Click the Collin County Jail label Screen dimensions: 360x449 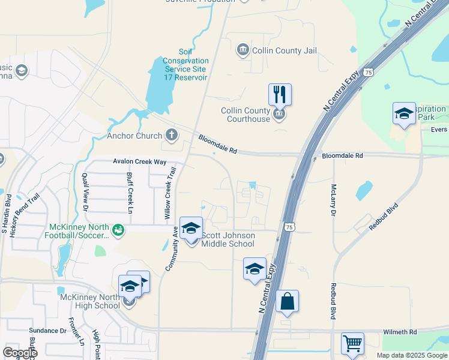[285, 50]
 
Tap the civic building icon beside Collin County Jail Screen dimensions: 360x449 [243, 49]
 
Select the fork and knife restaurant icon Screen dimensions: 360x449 [280, 95]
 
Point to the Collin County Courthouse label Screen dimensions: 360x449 [246, 115]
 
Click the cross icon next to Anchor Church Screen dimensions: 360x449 [172, 134]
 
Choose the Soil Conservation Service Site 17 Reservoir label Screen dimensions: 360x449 [186, 65]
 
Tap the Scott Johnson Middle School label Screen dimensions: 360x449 [228, 239]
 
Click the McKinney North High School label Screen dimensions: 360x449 [90, 301]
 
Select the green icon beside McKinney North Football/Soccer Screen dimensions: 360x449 [118, 229]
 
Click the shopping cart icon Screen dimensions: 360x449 [352, 344]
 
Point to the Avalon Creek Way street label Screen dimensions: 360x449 [139, 161]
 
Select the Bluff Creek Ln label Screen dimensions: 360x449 [130, 193]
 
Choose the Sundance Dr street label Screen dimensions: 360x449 [48, 331]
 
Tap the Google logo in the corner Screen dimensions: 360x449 [20, 352]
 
